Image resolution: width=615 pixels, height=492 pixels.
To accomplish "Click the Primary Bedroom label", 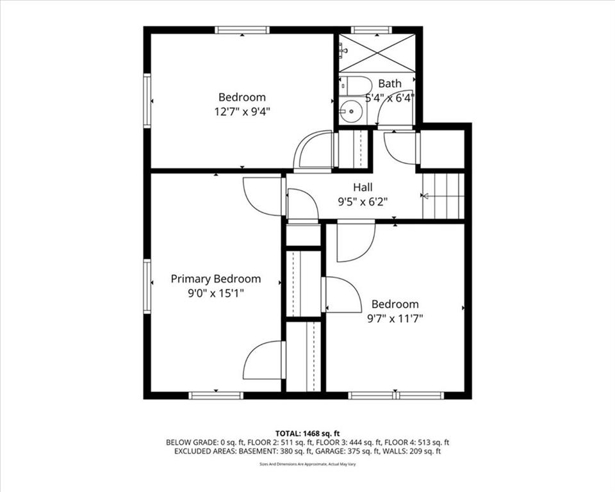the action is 216,279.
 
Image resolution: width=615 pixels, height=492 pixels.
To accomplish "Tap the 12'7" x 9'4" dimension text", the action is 242,112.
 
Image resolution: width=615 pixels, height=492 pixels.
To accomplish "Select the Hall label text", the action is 363,187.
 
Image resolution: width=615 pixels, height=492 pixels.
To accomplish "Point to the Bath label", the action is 390,83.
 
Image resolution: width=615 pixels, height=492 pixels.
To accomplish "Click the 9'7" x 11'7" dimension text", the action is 395,319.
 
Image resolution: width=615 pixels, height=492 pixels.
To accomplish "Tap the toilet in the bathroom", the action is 356,86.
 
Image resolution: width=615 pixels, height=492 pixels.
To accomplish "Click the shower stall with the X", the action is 377,53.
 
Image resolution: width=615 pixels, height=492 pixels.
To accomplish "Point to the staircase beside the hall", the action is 443,195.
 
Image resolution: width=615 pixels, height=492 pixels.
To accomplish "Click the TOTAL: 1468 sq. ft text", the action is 307,434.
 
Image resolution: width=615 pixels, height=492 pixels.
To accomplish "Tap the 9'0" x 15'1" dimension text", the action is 216,293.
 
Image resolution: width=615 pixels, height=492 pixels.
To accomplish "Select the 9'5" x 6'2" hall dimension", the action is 363,202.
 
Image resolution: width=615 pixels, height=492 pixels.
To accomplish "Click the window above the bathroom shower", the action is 371,30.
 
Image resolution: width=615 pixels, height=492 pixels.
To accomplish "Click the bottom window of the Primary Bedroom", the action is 216,395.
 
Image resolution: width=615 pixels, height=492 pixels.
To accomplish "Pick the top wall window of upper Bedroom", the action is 242,30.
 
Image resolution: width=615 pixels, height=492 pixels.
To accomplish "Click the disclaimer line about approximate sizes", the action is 307,464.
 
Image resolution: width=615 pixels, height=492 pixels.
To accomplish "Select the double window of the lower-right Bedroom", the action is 396,395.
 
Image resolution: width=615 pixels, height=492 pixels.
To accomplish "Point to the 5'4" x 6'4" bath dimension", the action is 390,98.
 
